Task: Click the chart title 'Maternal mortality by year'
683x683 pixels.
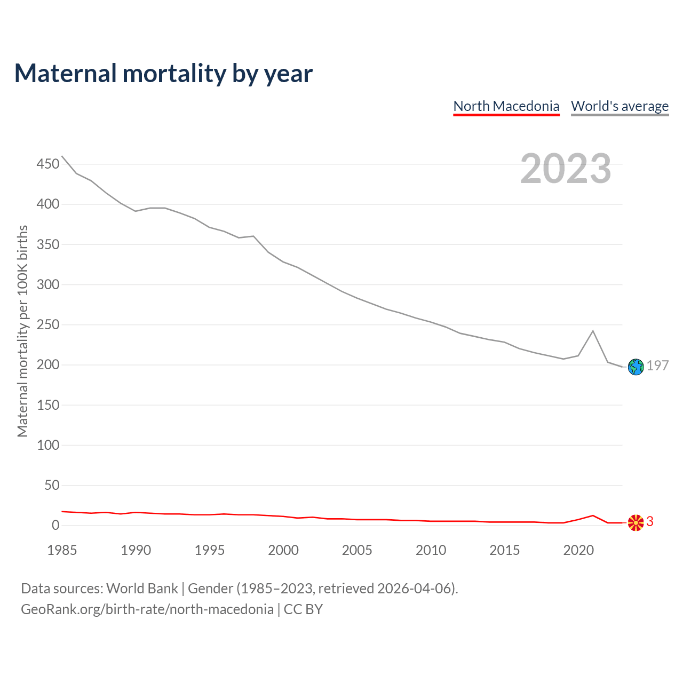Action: pos(163,74)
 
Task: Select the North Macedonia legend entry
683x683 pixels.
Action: pos(506,106)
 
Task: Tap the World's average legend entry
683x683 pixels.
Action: pos(620,106)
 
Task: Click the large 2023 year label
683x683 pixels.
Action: pos(566,169)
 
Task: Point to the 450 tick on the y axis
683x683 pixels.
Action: pos(48,164)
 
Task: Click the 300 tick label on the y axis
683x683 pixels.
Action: pos(48,284)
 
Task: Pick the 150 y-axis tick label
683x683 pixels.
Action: pos(48,405)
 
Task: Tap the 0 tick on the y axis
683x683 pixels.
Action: pos(55,525)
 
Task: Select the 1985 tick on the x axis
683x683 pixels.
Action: pos(62,550)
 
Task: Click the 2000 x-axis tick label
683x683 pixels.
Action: pos(283,550)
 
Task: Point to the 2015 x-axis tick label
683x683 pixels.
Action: pos(505,550)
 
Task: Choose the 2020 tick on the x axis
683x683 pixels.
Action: pos(578,550)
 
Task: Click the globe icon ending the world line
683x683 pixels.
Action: pos(636,367)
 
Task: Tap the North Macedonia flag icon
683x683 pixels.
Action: pos(636,523)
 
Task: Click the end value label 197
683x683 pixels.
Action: pos(657,366)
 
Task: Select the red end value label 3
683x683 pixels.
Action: pos(650,521)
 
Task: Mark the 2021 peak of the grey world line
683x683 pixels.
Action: pos(593,331)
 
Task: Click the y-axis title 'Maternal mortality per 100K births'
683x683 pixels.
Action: pos(22,331)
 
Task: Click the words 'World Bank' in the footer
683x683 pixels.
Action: pos(142,589)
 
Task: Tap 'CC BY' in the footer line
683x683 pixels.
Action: pos(303,609)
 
